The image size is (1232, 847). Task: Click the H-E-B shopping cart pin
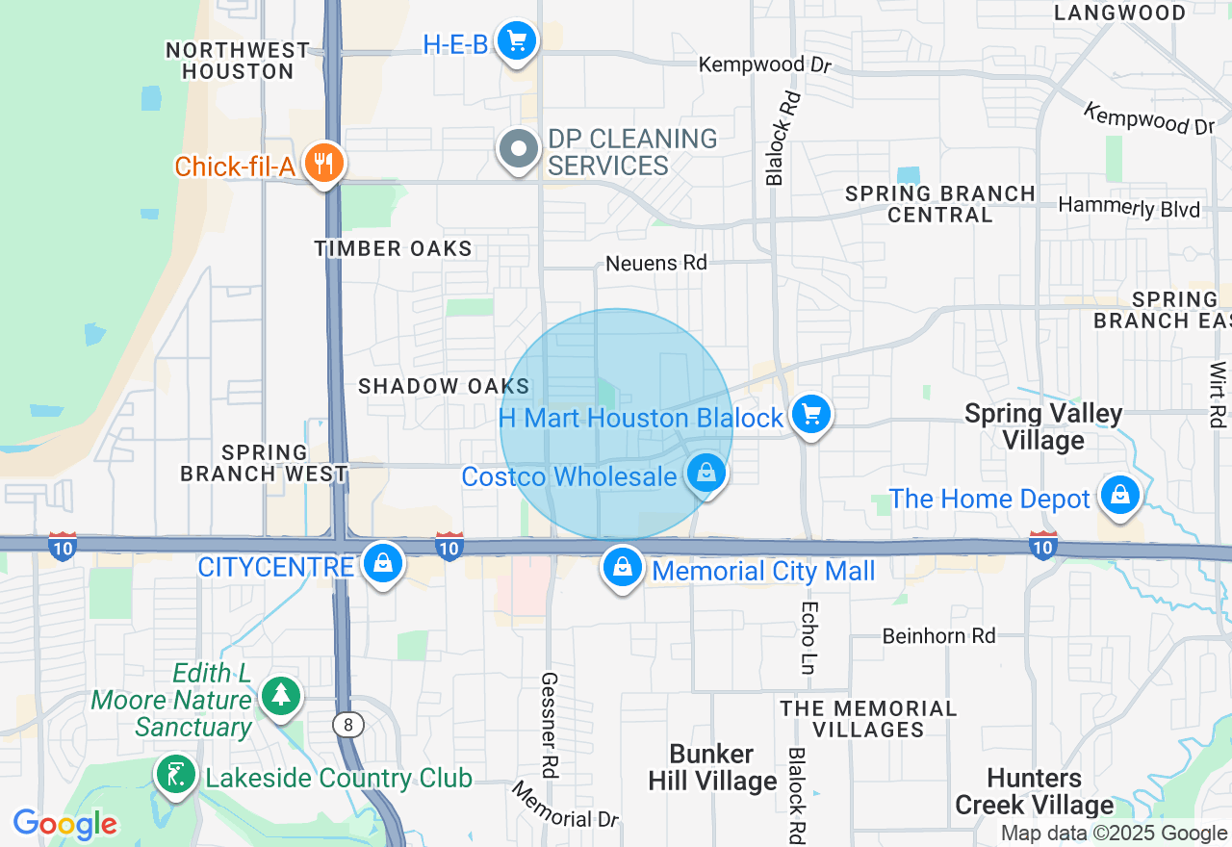click(x=518, y=41)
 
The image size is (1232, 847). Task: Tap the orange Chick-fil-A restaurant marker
click(x=324, y=164)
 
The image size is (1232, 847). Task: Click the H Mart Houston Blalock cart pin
click(x=811, y=415)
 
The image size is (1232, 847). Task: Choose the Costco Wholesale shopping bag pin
click(x=706, y=474)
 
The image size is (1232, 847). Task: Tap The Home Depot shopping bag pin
click(x=1119, y=495)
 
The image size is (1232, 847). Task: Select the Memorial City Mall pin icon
click(x=623, y=568)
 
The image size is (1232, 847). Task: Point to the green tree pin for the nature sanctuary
click(x=281, y=696)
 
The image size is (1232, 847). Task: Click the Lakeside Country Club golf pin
click(x=176, y=775)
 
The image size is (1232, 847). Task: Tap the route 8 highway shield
click(x=348, y=724)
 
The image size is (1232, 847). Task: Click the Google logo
click(x=65, y=824)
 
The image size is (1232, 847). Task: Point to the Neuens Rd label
click(x=655, y=263)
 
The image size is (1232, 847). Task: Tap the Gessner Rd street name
click(x=550, y=725)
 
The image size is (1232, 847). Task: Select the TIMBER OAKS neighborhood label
click(x=393, y=248)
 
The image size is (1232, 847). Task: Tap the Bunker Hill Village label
click(x=712, y=767)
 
